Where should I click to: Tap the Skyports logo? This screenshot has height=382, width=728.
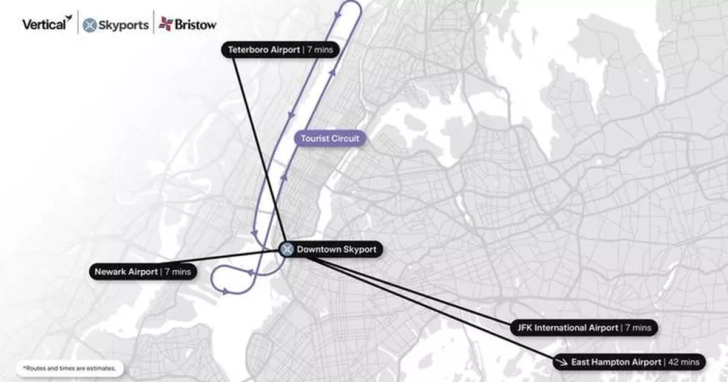(x=115, y=25)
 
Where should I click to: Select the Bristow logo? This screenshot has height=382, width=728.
(x=187, y=25)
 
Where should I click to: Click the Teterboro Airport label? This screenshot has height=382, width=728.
(x=280, y=50)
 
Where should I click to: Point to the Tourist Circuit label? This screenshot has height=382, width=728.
(x=330, y=138)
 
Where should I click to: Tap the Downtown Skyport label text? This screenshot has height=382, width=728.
(x=336, y=250)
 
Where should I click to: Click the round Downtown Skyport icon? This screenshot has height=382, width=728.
(x=288, y=250)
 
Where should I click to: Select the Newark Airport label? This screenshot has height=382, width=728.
(x=142, y=271)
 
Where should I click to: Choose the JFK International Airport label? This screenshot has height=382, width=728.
(x=584, y=328)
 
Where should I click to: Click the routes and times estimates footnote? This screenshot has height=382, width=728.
(x=70, y=369)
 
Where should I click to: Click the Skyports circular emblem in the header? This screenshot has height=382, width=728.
(x=90, y=25)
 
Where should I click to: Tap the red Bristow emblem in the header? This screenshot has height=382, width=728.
(x=165, y=24)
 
